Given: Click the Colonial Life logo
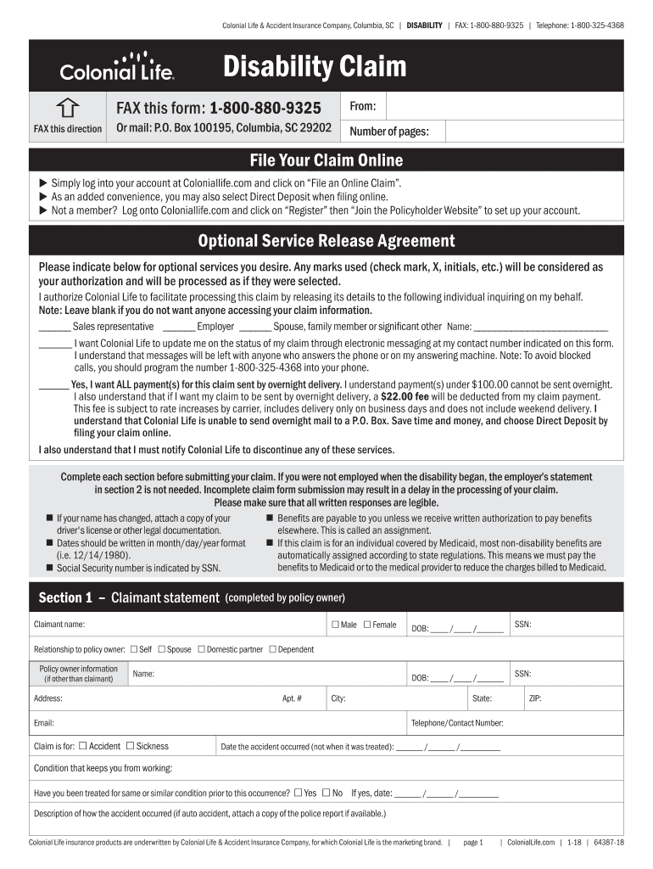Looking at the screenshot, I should pyautogui.click(x=117, y=66).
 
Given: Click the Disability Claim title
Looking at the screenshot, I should pyautogui.click(x=315, y=66).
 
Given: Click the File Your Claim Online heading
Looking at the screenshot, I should pyautogui.click(x=326, y=160).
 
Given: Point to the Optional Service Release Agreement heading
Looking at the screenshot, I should pyautogui.click(x=326, y=241).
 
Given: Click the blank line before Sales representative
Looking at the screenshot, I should pyautogui.click(x=54, y=327).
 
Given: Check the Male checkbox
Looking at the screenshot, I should pyautogui.click(x=335, y=625).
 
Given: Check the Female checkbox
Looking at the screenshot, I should pyautogui.click(x=367, y=625).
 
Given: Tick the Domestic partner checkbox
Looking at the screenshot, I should pyautogui.click(x=202, y=650).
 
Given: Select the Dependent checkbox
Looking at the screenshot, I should pyautogui.click(x=272, y=650).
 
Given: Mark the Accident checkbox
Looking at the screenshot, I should pyautogui.click(x=82, y=747).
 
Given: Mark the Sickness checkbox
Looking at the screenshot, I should pyautogui.click(x=130, y=747).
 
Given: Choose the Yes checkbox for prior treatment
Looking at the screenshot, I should pyautogui.click(x=298, y=793).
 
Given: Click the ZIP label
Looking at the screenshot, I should pyautogui.click(x=534, y=698).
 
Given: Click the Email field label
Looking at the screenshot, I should pyautogui.click(x=44, y=723).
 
